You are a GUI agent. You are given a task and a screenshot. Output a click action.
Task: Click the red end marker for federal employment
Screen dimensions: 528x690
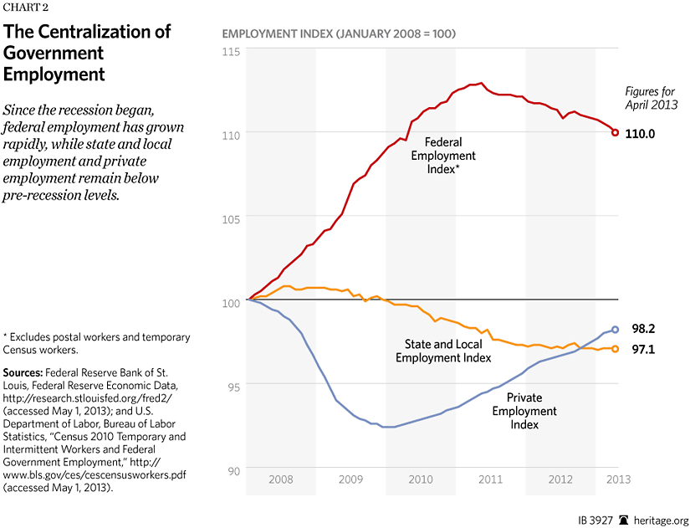pos(616,132)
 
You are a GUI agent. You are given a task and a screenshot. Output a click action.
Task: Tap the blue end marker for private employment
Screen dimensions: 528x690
pos(616,330)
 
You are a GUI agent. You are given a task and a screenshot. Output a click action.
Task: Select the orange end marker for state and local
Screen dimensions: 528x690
pos(616,349)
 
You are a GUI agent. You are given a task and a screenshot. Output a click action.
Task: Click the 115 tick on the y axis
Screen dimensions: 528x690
pos(231,52)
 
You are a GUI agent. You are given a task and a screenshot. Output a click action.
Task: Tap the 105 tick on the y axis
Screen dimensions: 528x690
pos(231,218)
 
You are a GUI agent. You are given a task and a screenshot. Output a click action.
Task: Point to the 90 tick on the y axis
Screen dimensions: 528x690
pos(233,469)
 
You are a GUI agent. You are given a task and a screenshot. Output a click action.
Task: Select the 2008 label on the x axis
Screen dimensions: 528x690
pos(281,479)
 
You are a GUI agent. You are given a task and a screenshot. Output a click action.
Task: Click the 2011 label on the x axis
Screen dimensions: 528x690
pos(490,479)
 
